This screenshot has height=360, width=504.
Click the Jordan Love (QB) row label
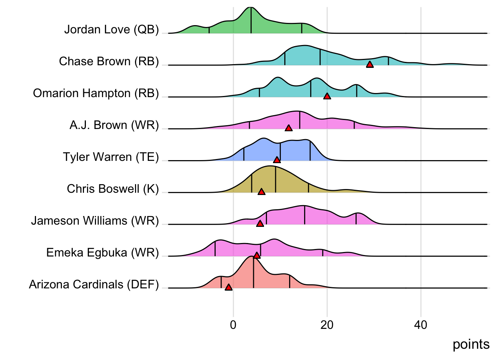tap(111, 29)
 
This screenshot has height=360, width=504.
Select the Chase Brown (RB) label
tap(109, 61)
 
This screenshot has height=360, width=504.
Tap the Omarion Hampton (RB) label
tap(96, 93)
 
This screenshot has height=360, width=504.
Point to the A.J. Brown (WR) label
tap(114, 125)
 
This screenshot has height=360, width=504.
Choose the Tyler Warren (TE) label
tap(111, 157)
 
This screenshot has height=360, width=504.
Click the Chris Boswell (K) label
tap(113, 189)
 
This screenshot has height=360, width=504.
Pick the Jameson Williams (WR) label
tap(95, 220)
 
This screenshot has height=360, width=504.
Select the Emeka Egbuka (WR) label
tap(102, 252)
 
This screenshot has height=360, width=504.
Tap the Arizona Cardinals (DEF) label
tap(94, 284)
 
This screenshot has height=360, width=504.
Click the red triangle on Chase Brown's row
tap(370, 64)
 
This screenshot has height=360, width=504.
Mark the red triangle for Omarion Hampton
tap(327, 96)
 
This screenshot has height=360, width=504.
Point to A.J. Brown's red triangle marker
tap(288, 128)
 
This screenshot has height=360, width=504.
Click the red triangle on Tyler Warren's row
tap(277, 160)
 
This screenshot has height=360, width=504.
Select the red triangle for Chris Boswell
tap(261, 192)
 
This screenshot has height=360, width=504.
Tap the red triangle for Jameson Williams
tap(260, 224)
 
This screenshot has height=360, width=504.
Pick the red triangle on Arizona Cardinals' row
tap(228, 288)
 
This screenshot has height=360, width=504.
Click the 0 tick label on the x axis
tap(233, 325)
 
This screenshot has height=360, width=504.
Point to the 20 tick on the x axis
tap(327, 325)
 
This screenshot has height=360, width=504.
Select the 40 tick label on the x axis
tap(420, 325)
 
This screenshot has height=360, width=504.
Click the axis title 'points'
tap(471, 344)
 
